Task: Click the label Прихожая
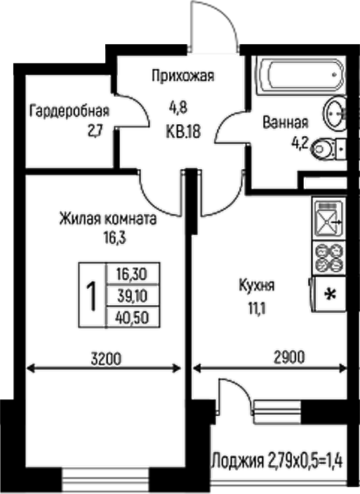182,76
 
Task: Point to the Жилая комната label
107,219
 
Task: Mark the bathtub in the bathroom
300,73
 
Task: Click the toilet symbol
327,148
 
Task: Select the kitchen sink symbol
328,219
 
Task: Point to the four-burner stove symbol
328,257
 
